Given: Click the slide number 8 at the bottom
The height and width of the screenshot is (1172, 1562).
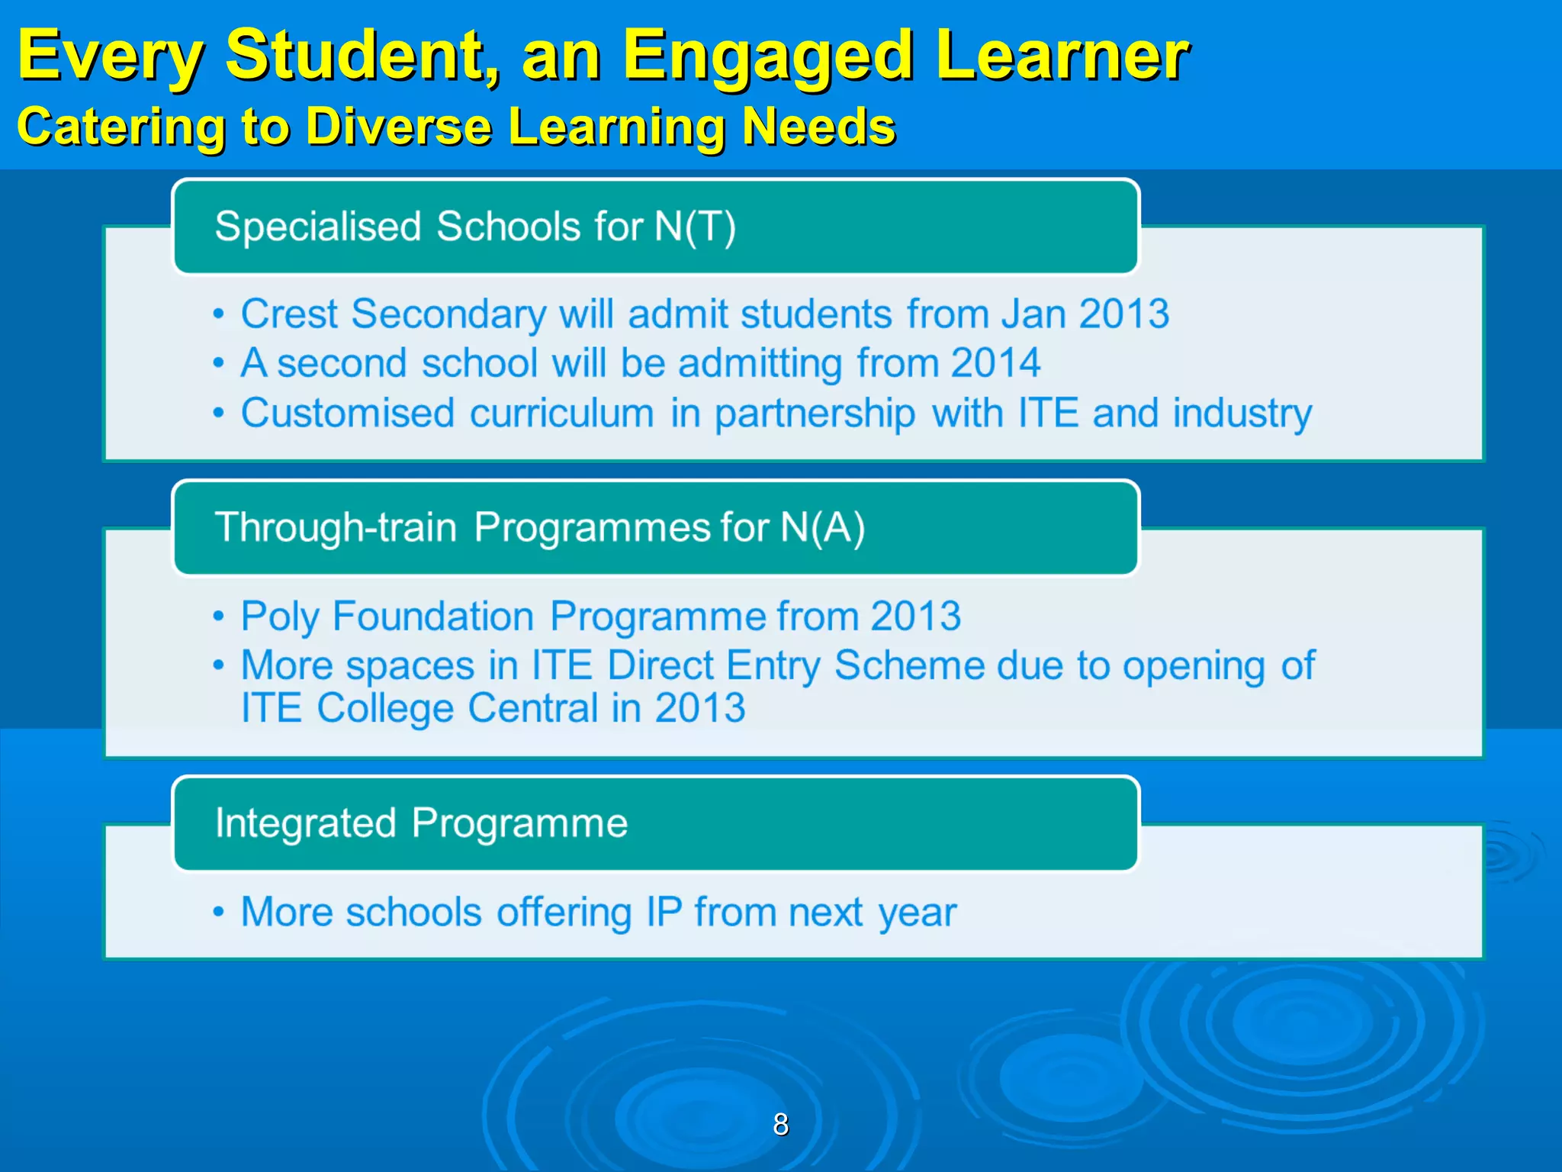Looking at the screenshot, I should pos(780,1124).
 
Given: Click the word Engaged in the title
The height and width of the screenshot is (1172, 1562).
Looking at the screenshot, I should pos(767,56).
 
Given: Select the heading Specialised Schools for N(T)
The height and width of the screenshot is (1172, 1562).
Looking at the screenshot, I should pos(475,227).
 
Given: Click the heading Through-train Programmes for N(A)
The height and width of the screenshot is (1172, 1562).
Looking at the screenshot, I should pos(539,527).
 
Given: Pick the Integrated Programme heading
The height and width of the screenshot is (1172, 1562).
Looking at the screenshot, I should pos(421,823).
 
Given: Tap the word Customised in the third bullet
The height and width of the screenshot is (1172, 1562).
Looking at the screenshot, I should pos(348,413).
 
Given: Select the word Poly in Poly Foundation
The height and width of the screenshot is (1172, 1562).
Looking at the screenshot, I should pos(279,616).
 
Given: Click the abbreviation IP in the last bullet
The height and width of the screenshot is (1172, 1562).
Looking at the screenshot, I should pos(664,912).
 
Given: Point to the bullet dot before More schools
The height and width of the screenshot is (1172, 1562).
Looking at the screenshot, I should pos(219,912).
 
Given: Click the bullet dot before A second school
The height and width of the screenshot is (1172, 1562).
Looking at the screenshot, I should pos(219,363).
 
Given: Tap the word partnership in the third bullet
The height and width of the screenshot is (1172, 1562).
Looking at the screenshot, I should pos(815,414).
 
